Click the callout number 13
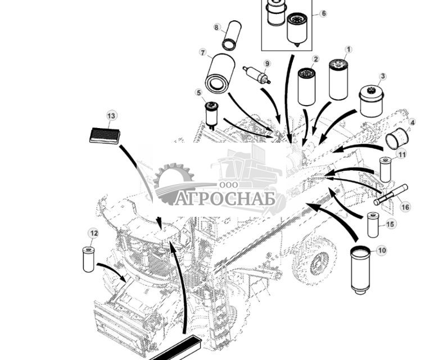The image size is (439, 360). click(111, 116)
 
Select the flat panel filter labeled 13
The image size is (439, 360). click(105, 135)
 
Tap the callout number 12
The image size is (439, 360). click(93, 233)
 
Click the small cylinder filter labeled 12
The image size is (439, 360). click(88, 259)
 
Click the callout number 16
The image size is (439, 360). click(405, 207)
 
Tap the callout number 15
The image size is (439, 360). click(391, 224)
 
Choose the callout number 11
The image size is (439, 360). click(401, 154)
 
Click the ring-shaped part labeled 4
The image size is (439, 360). click(396, 138)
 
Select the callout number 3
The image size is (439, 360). click(383, 76)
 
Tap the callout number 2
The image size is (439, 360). click(315, 59)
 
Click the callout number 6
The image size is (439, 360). click(323, 13)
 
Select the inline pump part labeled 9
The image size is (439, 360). click(256, 75)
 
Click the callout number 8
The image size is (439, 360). click(216, 27)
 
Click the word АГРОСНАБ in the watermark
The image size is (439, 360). click(224, 199)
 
